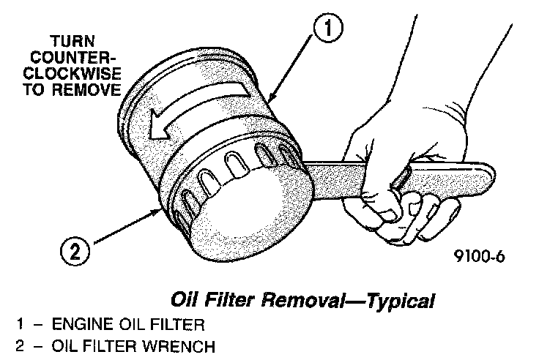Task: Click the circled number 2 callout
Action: [x=74, y=254]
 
